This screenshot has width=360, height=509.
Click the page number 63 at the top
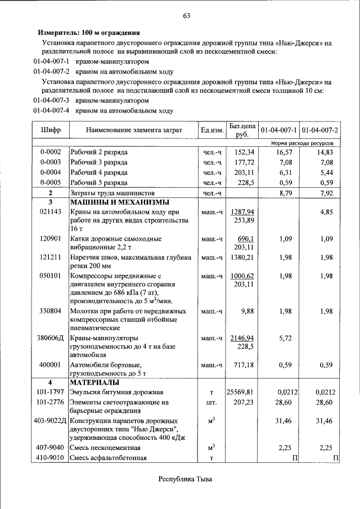186,16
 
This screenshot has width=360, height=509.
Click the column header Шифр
51,130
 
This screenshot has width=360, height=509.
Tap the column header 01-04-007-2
319,130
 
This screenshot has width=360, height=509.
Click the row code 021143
51,212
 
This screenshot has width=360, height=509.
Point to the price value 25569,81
240,392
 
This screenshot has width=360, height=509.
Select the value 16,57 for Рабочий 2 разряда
285,152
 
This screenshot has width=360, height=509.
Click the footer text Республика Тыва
186,479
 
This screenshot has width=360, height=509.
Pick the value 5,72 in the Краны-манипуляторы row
285,338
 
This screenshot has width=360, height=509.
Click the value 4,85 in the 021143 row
326,212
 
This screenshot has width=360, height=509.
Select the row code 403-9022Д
51,420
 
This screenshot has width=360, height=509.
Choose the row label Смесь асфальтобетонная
108,458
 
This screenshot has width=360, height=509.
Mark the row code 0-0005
51,183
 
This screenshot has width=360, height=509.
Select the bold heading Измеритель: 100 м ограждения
88,33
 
